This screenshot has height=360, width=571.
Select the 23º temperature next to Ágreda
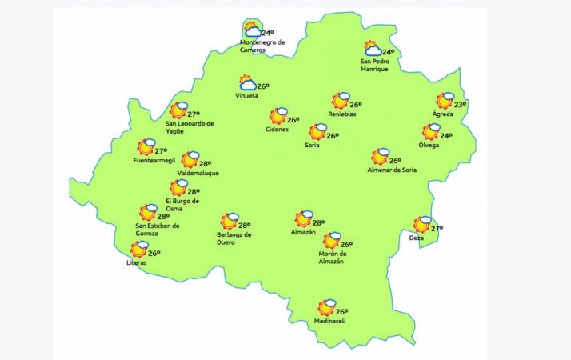tap(460, 105)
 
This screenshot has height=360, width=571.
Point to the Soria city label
tap(313, 146)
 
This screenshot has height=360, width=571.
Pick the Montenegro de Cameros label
tap(262, 46)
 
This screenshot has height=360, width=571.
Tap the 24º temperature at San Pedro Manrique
tap(388, 53)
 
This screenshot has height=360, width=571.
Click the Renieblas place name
tap(341, 114)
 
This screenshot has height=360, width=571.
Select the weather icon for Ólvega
tap(432, 132)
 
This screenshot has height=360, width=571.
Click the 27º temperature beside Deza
tap(437, 229)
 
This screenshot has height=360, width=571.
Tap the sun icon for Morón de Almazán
tap(331, 240)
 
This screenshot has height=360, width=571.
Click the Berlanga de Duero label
tap(234, 238)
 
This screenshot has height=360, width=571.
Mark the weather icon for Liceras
tap(140, 250)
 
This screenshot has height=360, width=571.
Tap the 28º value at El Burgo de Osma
tap(194, 192)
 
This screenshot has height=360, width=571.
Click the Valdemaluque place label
tap(198, 173)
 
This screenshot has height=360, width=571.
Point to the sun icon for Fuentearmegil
tap(146, 147)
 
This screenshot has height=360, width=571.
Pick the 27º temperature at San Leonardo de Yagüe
tap(193, 114)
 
